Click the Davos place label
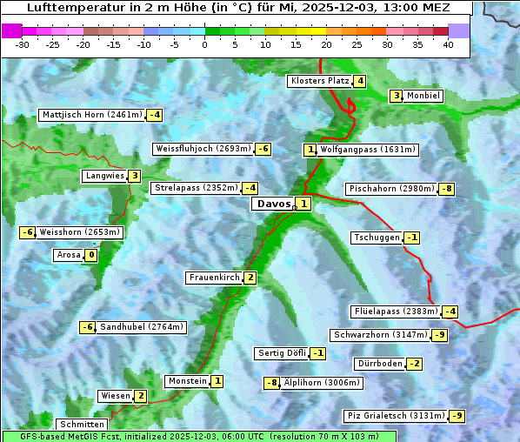273,204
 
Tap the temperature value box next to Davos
303,204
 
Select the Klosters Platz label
319,82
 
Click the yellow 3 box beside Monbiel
396,96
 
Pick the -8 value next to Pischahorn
447,189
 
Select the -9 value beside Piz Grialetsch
457,416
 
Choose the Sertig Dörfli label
282,353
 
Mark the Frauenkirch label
214,278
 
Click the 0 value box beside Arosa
90,256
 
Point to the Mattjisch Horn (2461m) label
91,115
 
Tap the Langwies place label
104,176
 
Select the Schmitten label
83,425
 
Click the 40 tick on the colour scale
447,44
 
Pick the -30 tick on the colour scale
23,44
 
